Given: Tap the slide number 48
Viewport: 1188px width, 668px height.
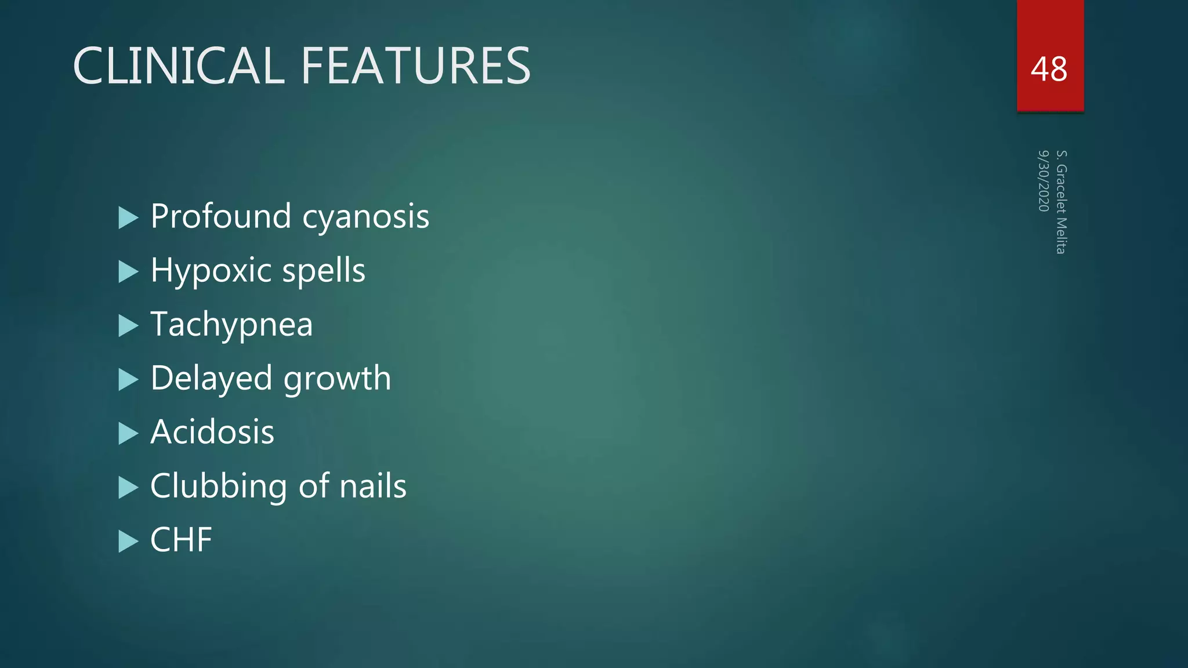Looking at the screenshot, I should pyautogui.click(x=1049, y=69).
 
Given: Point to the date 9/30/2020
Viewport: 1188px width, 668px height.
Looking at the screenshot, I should pyautogui.click(x=1044, y=181).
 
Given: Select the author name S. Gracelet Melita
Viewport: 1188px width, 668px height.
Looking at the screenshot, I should pyautogui.click(x=1061, y=202).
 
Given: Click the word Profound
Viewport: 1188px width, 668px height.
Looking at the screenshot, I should pyautogui.click(x=220, y=216).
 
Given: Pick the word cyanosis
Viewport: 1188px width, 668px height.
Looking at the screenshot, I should pyautogui.click(x=365, y=217).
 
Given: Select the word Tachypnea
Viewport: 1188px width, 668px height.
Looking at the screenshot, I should pyautogui.click(x=231, y=325).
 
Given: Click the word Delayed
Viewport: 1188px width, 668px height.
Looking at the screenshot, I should pyautogui.click(x=211, y=379).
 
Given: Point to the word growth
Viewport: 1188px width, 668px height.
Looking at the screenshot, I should pyautogui.click(x=337, y=379).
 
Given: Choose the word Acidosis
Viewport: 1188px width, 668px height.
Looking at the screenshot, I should pyautogui.click(x=212, y=432).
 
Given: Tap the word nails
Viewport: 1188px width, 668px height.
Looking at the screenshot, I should pyautogui.click(x=372, y=486).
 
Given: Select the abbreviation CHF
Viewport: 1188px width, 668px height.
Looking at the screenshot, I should pyautogui.click(x=181, y=540).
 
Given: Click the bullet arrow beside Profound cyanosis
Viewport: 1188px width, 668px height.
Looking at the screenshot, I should pyautogui.click(x=128, y=218).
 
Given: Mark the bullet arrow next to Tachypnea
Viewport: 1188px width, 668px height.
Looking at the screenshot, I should pyautogui.click(x=128, y=326).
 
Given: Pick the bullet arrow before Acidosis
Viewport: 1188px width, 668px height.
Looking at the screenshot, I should pyautogui.click(x=128, y=434).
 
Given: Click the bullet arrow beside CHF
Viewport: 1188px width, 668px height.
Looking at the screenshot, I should pyautogui.click(x=128, y=542).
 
